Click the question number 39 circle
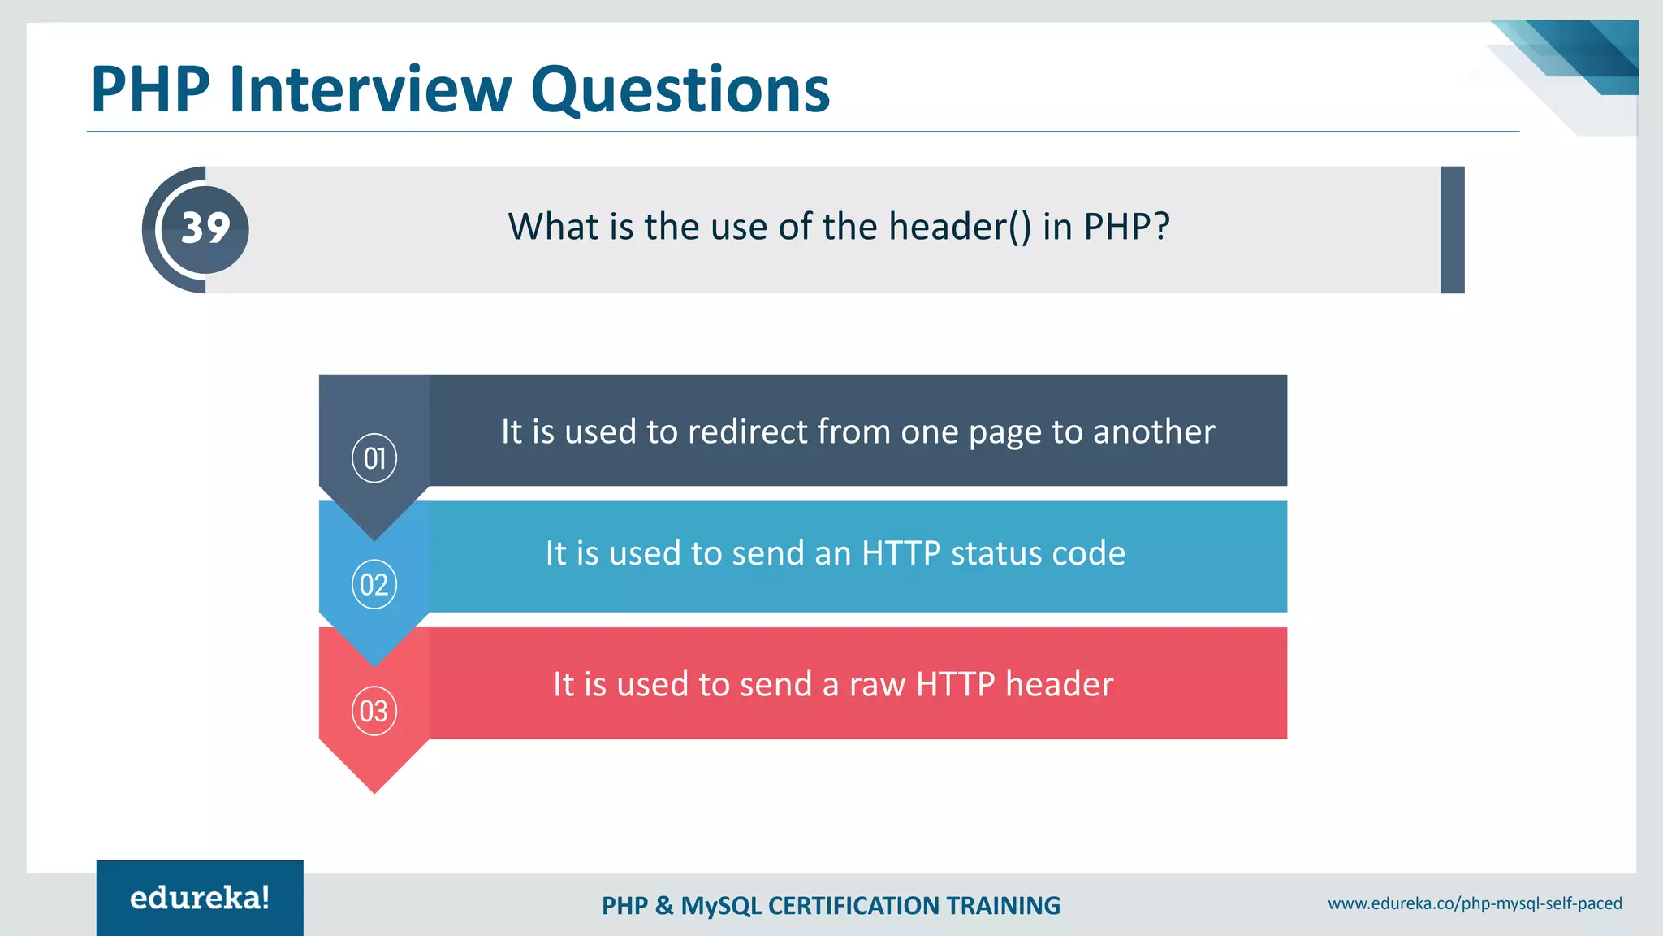205,229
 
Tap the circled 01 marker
374,458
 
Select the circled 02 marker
374,584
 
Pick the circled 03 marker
374,711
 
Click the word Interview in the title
370,89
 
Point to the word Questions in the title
680,89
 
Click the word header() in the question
960,227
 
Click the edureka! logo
200,898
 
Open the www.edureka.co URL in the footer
1475,903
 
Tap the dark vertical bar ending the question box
1452,230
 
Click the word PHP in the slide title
151,89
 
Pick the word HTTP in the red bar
955,684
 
